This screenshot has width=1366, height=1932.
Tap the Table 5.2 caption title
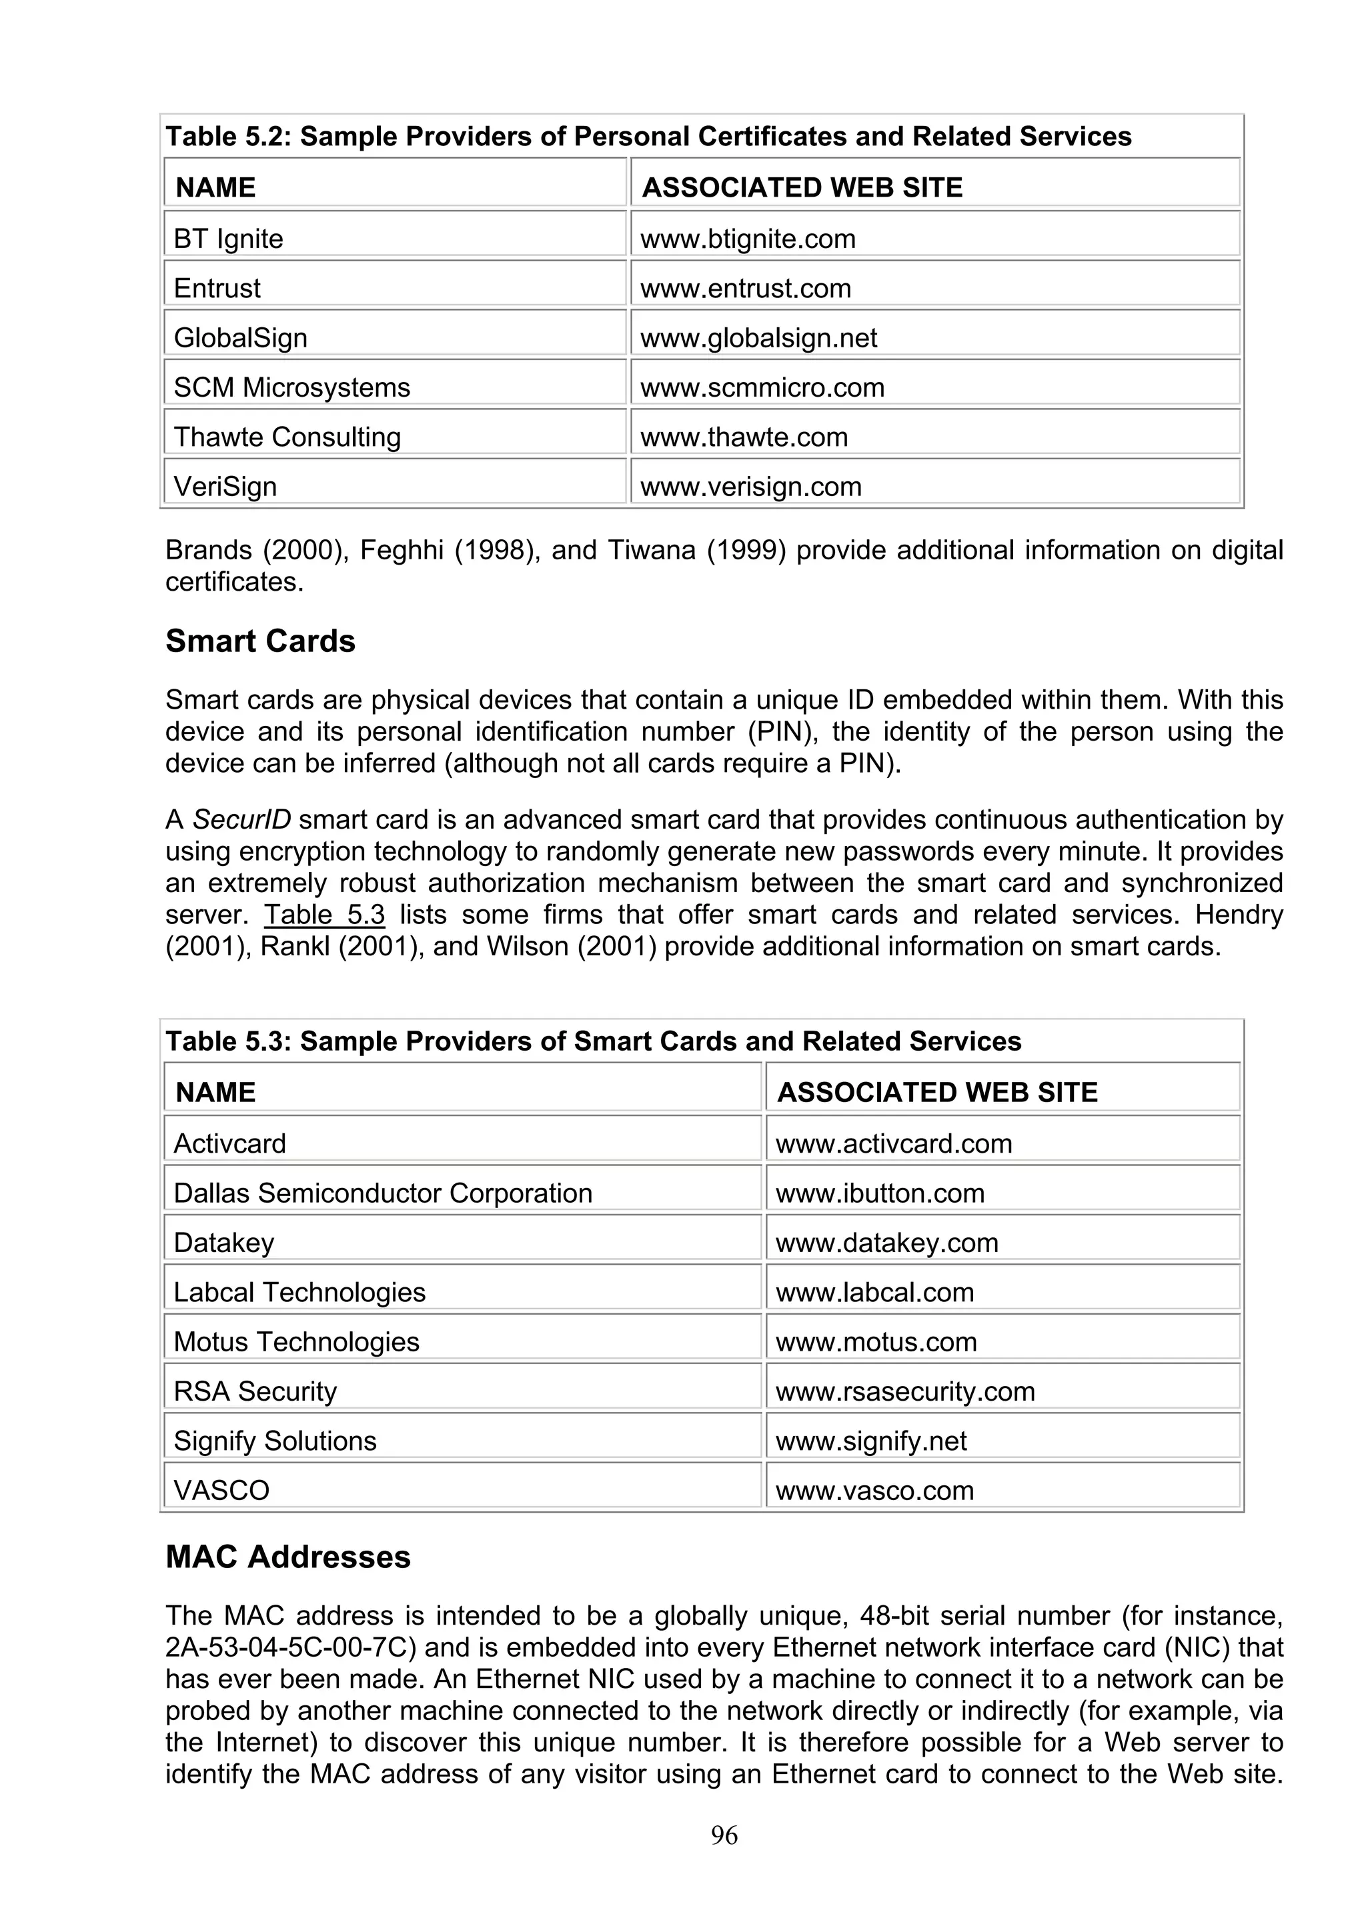[x=648, y=136]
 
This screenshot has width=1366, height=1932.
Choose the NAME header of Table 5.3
[x=215, y=1092]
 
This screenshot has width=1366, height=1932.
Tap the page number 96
[x=724, y=1836]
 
